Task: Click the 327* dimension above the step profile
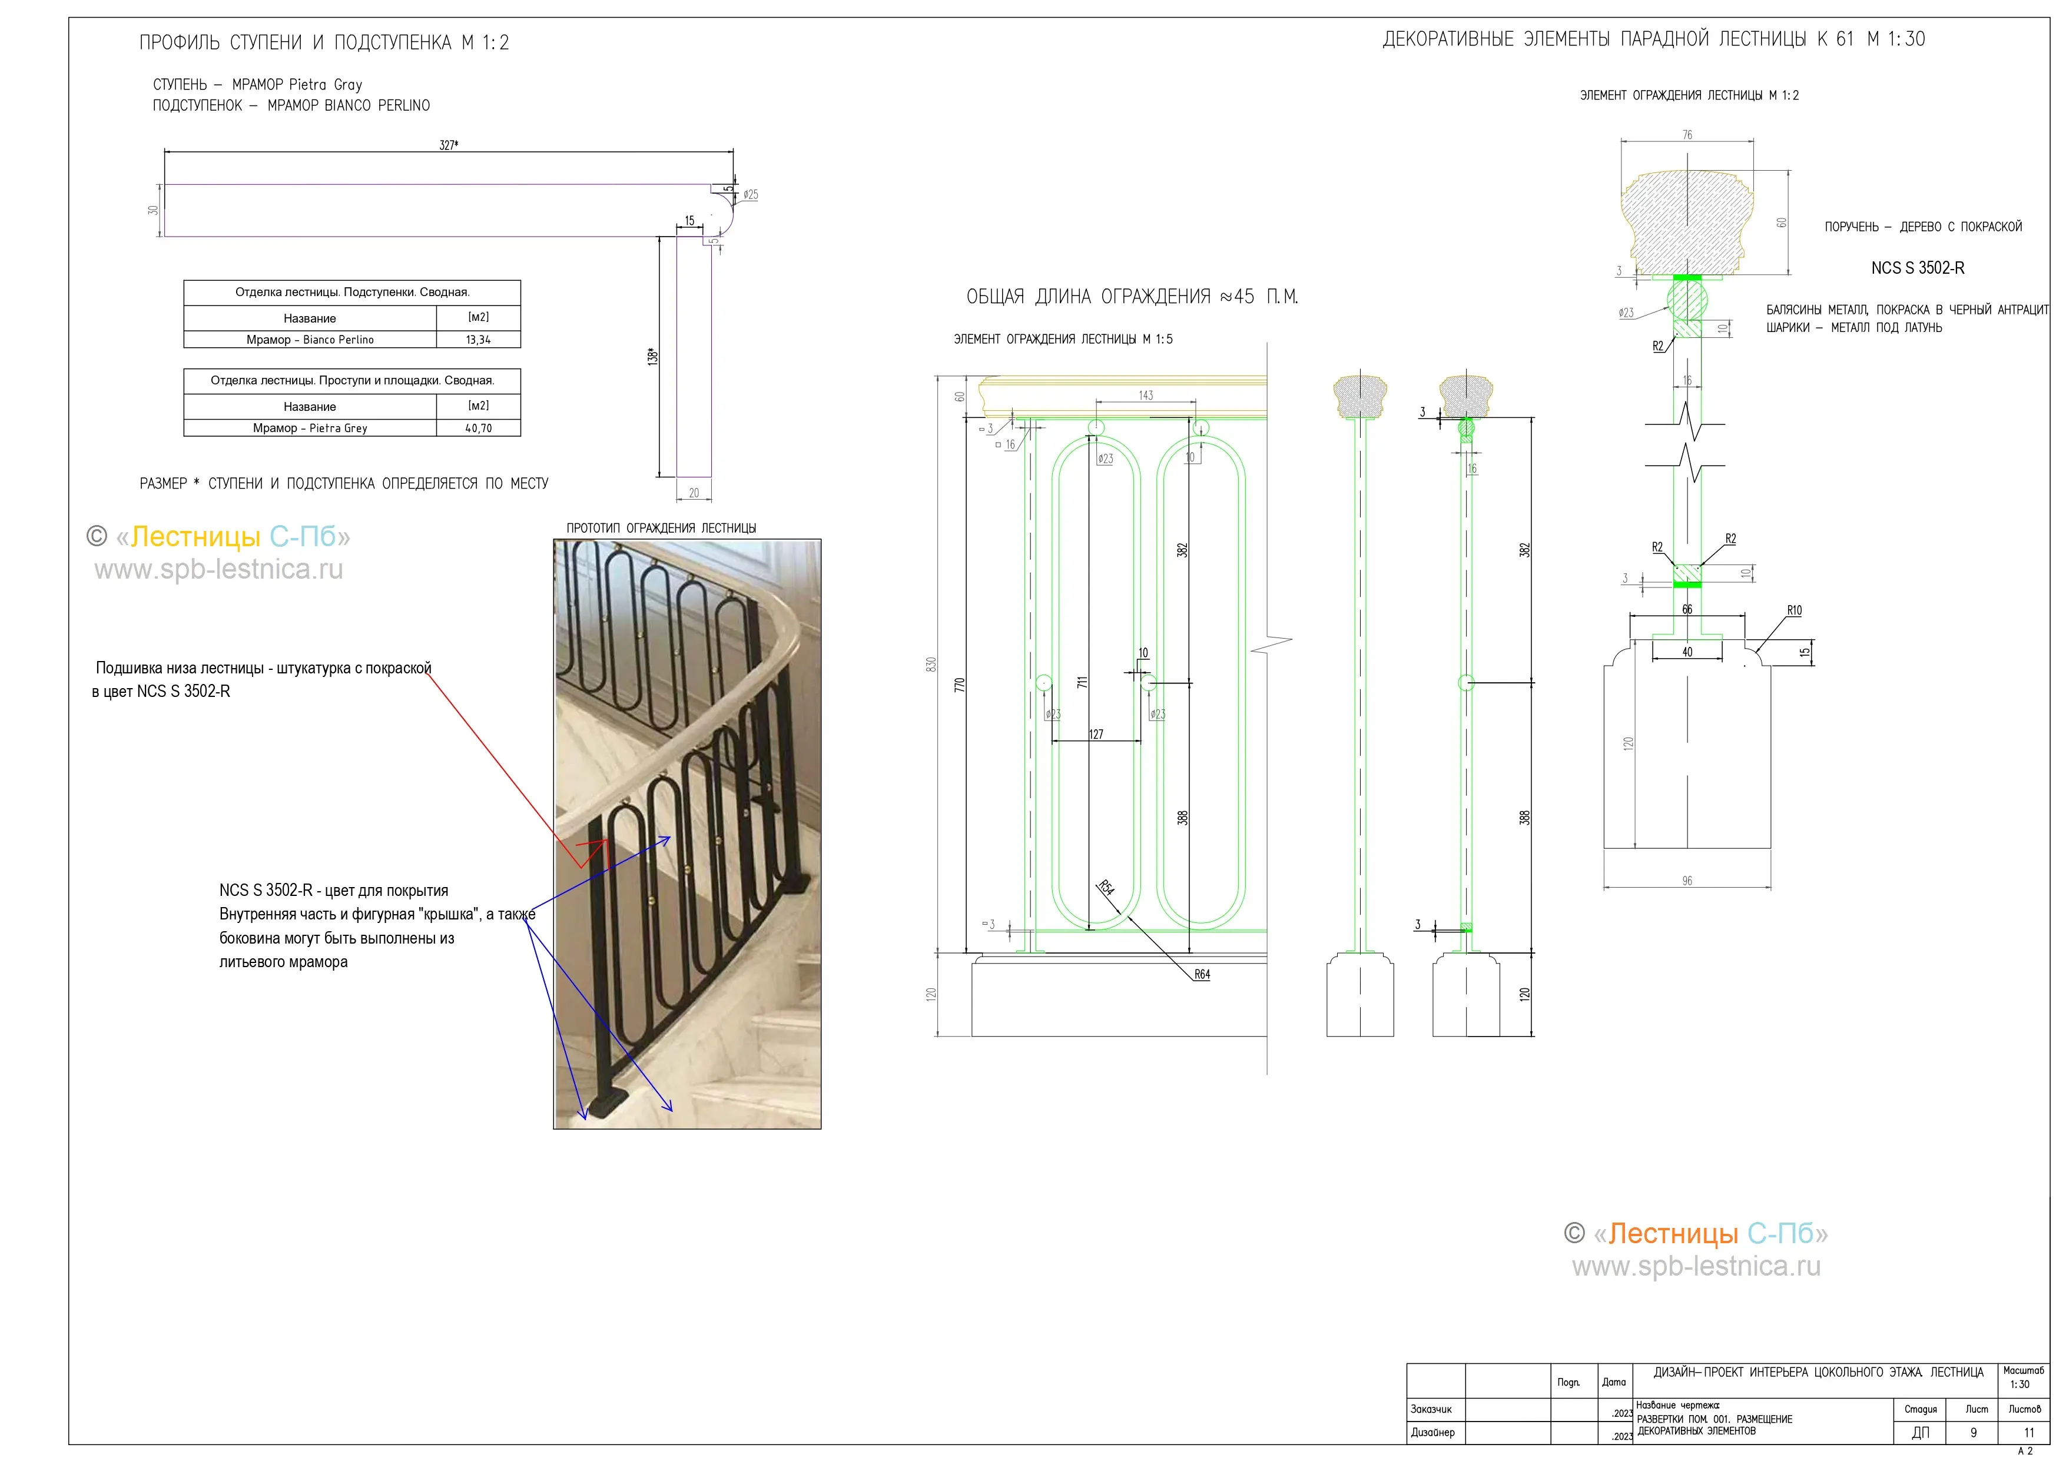pyautogui.click(x=448, y=145)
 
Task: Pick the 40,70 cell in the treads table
pyautogui.click(x=478, y=428)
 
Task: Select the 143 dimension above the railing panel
pyautogui.click(x=1146, y=396)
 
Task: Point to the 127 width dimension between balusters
pyautogui.click(x=1096, y=734)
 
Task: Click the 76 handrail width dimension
pyautogui.click(x=1687, y=135)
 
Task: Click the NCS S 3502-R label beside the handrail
pyautogui.click(x=1918, y=268)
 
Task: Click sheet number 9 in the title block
pyautogui.click(x=1974, y=1433)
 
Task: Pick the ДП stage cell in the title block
pyautogui.click(x=1920, y=1433)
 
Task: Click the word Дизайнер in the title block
pyautogui.click(x=1432, y=1432)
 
